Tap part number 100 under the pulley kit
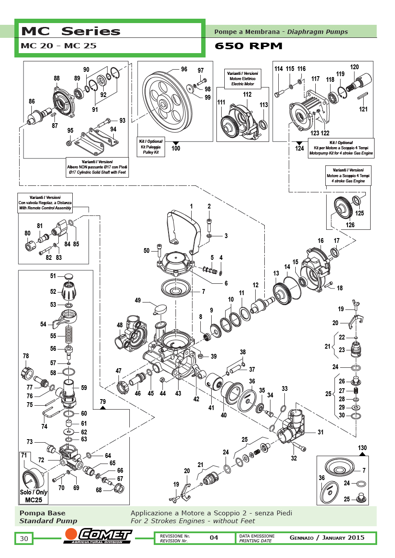coord(176,148)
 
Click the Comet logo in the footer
coord(98,536)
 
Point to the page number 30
coord(24,538)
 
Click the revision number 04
coord(214,538)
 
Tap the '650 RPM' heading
coord(249,46)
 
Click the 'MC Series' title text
coord(71,31)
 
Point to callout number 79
coord(103,401)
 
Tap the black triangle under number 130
coord(362,454)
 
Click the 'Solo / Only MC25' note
coord(34,496)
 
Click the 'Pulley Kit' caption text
coord(149,153)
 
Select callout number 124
coord(299,148)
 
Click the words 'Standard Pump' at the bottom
coord(48,521)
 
